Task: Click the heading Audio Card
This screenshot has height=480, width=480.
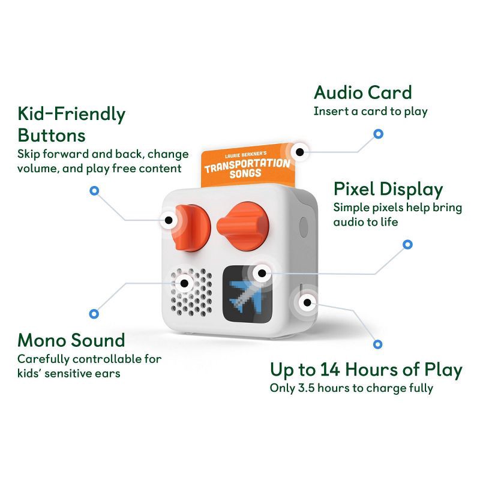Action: [362, 93]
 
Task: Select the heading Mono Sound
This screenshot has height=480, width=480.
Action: [71, 340]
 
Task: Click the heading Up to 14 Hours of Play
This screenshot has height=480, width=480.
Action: [365, 369]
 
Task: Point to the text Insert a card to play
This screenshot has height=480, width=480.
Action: [370, 112]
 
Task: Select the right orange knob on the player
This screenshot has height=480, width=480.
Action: [243, 224]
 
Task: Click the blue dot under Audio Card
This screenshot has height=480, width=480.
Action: [378, 133]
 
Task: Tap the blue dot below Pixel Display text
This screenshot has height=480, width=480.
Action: [407, 244]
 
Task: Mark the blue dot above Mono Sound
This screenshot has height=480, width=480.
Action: [94, 313]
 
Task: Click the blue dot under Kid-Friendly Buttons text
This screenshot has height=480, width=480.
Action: [94, 191]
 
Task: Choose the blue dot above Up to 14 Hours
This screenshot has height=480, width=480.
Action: [377, 344]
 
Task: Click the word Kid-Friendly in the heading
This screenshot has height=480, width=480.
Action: [71, 113]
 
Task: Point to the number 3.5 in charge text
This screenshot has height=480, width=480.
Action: [304, 388]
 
